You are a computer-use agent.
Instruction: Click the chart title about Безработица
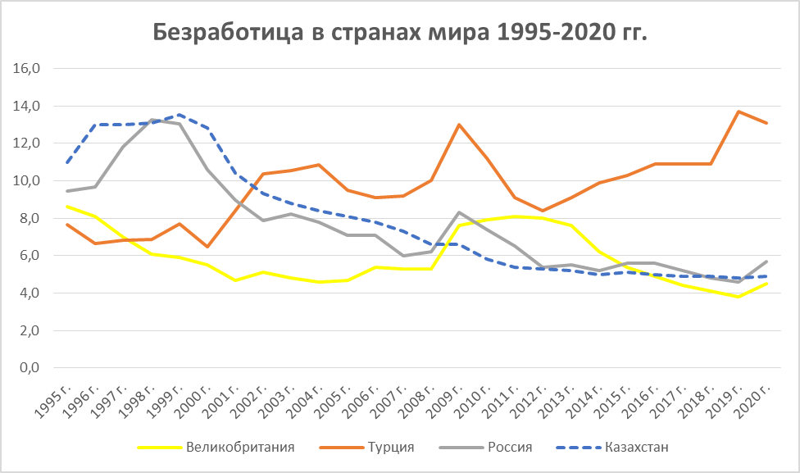tap(400, 33)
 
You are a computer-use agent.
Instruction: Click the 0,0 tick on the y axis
tap(30, 368)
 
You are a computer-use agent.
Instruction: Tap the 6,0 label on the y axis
tap(30, 256)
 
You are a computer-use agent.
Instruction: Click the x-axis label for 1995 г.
tap(55, 398)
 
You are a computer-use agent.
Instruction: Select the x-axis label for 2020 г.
tap(757, 398)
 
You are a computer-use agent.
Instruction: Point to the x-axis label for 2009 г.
tap(448, 398)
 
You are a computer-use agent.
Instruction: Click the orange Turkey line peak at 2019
tap(739, 111)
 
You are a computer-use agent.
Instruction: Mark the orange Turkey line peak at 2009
tap(458, 125)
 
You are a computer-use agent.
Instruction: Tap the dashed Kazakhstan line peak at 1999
tap(179, 115)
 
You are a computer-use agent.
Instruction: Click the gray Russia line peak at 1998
tap(151, 120)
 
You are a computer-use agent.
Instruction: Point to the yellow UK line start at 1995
tap(67, 207)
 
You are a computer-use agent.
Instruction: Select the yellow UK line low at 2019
tap(739, 297)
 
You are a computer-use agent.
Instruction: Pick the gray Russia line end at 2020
tap(766, 262)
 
